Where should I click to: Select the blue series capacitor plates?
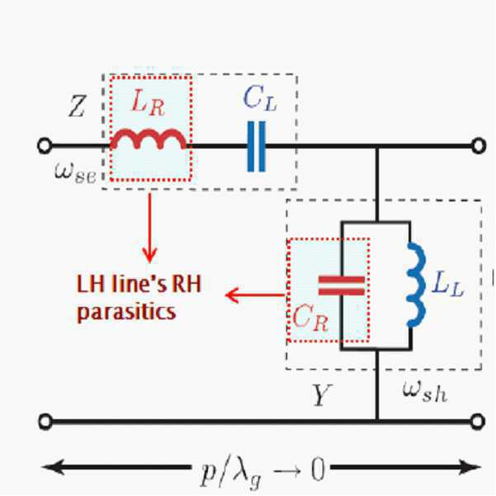coord(256,146)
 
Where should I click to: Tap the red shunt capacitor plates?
coord(342,286)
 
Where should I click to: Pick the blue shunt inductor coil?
coord(416,284)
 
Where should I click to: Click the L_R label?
coord(148,102)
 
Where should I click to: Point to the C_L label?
coord(260,98)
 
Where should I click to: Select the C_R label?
coord(310,318)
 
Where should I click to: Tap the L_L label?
coord(447,284)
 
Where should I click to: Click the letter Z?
coord(77,106)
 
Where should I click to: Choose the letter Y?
coord(322,394)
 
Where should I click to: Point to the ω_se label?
coord(75,172)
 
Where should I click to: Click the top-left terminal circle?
coord(45,146)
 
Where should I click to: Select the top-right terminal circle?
coord(479,146)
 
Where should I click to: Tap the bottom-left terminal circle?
coord(45,422)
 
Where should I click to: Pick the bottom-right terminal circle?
coord(477,422)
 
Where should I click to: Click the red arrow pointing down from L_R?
coord(149,228)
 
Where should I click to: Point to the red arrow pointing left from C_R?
coord(255,295)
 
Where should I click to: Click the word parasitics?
coord(126,313)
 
